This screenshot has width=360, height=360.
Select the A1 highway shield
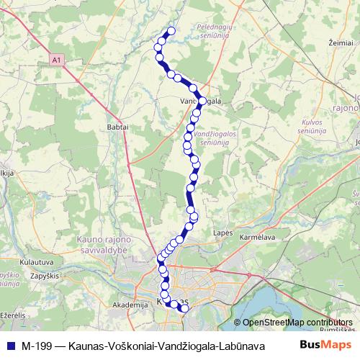[x=58, y=62]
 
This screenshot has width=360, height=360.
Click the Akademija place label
[x=130, y=305]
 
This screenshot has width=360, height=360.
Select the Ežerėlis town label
[x=12, y=315]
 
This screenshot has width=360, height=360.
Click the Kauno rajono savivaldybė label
[x=104, y=243]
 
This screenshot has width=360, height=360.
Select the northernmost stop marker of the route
[x=171, y=31]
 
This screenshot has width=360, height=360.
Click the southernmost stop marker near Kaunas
[x=184, y=308]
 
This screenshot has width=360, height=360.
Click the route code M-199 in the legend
[x=36, y=345]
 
